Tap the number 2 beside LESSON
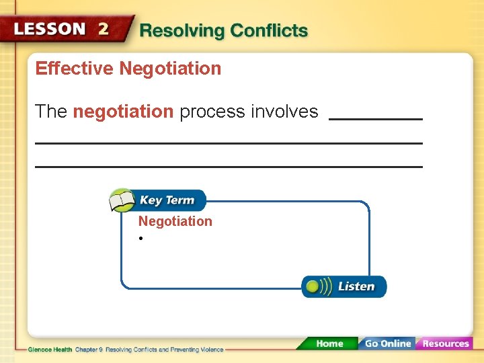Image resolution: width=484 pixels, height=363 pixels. (103, 29)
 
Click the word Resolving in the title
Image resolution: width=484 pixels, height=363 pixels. (182, 31)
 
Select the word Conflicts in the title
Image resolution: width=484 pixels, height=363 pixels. (269, 31)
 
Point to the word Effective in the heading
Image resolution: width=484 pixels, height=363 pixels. (75, 69)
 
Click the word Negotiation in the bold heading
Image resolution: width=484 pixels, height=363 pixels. (170, 69)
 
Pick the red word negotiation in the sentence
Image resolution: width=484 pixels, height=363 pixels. (123, 112)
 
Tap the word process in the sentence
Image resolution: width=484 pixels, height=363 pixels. (212, 112)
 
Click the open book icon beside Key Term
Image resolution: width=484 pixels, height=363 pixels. (122, 200)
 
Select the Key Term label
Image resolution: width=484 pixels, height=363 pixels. (167, 200)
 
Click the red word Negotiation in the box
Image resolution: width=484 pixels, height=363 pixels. (175, 221)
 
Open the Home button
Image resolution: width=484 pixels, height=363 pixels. (329, 344)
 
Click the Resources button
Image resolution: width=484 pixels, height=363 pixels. (445, 344)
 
